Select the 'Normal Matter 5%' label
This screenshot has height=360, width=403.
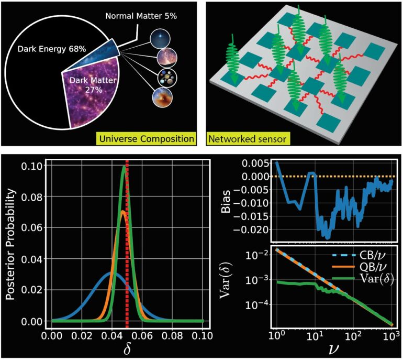(141, 16)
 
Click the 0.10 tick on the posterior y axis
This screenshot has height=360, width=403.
(36, 167)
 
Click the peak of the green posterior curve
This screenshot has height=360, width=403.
(125, 168)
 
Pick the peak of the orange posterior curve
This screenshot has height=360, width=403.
(122, 212)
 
